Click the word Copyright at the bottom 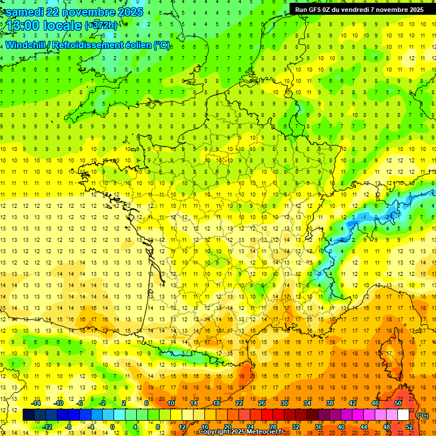coord(214,432)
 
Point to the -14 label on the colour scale coord(37,403)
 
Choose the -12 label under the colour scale coord(48,427)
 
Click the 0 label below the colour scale coord(112,427)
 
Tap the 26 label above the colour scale coord(262,403)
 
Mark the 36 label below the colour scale coord(318,427)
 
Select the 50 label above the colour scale coord(398,403)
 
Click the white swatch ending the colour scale coord(404,415)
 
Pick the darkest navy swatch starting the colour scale coord(28,415)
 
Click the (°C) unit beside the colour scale coord(423,416)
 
